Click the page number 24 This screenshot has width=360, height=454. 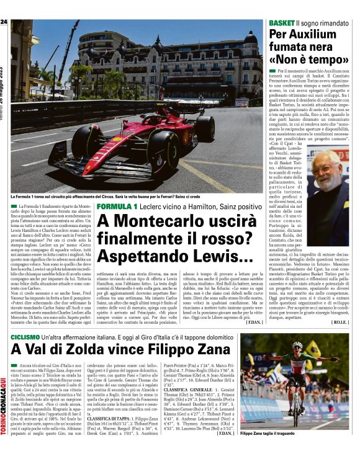(x=4, y=23)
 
